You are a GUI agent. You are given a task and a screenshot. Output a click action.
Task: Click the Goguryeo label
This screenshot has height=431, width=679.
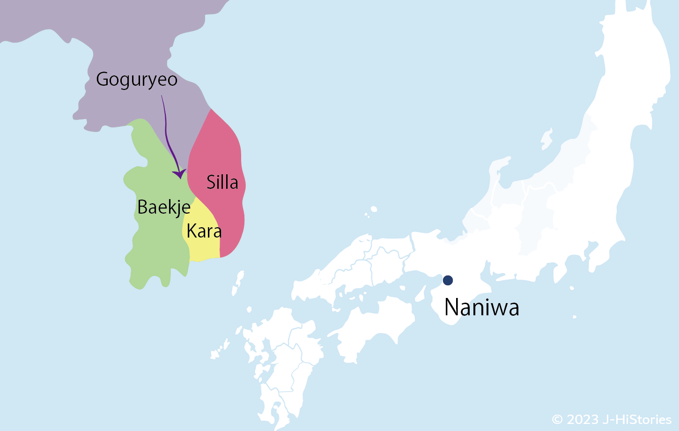[137, 80]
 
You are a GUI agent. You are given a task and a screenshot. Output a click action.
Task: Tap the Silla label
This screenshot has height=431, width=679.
[222, 182]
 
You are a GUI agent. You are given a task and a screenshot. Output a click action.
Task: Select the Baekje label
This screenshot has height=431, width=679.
[164, 207]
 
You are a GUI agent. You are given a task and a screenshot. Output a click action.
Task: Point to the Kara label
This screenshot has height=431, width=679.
[204, 231]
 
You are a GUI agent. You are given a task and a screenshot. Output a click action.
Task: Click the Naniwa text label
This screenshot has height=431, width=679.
[482, 308]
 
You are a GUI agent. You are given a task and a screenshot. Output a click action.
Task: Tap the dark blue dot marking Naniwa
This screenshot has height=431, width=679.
[448, 280]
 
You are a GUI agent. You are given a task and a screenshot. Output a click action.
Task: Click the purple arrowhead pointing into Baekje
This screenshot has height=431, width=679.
[179, 174]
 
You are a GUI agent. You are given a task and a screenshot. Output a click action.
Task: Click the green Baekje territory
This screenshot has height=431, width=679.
[155, 244]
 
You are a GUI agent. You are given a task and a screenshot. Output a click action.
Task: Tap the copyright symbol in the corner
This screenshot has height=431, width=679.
[557, 419]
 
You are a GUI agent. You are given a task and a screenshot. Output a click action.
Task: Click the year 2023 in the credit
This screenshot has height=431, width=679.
[583, 419]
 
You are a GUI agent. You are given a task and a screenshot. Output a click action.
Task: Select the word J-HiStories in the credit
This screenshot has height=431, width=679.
[637, 419]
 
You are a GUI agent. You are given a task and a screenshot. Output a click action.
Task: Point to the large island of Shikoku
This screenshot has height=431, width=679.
[375, 323]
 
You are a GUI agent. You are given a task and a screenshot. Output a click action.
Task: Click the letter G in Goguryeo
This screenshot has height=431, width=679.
[102, 79]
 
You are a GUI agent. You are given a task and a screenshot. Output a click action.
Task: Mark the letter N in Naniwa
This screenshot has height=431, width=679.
[451, 308]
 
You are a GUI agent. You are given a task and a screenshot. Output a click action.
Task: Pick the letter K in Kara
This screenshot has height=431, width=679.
[192, 231]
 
